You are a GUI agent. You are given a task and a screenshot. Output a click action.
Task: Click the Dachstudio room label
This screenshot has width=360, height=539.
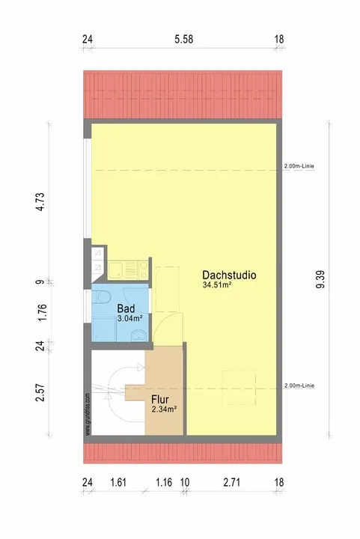pyautogui.click(x=229, y=275)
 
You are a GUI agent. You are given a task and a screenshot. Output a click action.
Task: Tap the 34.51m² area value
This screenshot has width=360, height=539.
pyautogui.click(x=217, y=284)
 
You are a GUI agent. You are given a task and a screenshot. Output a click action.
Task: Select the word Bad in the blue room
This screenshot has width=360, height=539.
pyautogui.click(x=126, y=308)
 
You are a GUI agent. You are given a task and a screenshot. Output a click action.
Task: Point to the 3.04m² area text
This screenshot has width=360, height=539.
pyautogui.click(x=129, y=318)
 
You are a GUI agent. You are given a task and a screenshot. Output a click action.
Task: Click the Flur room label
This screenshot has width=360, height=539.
pyautogui.click(x=160, y=400)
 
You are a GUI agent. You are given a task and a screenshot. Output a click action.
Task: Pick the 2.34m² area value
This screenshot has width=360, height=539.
pyautogui.click(x=164, y=409)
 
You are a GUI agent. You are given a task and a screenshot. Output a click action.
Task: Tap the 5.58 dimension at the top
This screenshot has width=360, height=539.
pyautogui.click(x=184, y=39)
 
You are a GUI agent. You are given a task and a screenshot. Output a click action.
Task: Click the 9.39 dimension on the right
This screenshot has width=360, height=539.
pyautogui.click(x=320, y=279)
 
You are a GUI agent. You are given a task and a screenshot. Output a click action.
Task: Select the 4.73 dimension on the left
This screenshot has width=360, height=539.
pyautogui.click(x=40, y=201)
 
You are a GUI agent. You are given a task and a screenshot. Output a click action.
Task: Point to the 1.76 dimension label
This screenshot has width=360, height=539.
pyautogui.click(x=42, y=313)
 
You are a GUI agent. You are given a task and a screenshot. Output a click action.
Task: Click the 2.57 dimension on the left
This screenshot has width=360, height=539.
pyautogui.click(x=40, y=392)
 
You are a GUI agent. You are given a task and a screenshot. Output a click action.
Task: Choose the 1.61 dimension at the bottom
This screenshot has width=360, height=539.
pyautogui.click(x=118, y=482)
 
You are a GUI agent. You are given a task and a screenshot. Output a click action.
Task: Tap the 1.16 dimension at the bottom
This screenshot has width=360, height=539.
pyautogui.click(x=164, y=482)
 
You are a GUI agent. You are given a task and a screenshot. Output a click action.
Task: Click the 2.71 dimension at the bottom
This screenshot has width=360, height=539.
pyautogui.click(x=231, y=482)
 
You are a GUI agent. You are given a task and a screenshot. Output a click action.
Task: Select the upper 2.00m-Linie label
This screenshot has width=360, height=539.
pyautogui.click(x=299, y=166)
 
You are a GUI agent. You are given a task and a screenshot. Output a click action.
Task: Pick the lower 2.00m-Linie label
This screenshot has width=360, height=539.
pyautogui.click(x=299, y=386)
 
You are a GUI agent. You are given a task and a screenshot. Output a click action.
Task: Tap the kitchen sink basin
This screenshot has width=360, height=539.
pyautogui.click(x=116, y=270)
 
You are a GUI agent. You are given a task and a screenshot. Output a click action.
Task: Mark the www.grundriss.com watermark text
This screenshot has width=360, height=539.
pyautogui.click(x=88, y=414)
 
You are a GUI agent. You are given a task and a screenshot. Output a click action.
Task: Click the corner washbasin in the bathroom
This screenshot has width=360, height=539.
pyautogui.click(x=139, y=335)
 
